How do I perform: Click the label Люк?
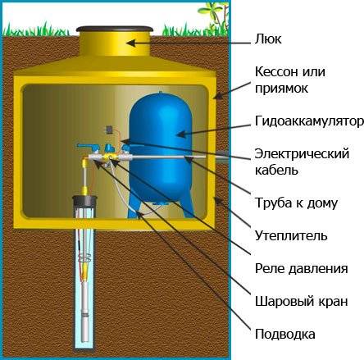pos(268,39)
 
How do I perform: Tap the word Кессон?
pos(276,72)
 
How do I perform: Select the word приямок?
pos(281,89)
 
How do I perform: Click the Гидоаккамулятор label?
pos(309,121)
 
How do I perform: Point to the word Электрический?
pos(302,153)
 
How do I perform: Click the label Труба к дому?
pos(296,203)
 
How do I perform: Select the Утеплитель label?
pos(291,235)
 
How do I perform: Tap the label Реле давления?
pos(302,268)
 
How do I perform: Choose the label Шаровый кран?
pos(302,301)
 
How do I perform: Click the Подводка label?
pos(285,334)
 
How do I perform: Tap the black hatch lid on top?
pos(114,29)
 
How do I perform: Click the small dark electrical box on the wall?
pos(110,129)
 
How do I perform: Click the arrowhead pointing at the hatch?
pos(130,43)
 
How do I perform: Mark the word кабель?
pos(276,171)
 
